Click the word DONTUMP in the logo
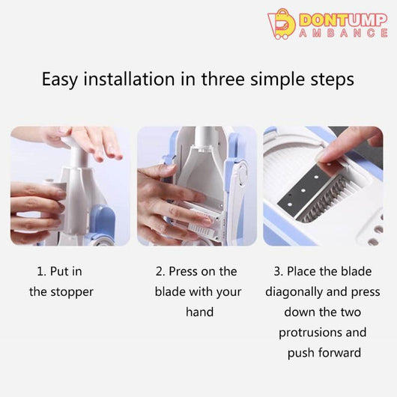(343, 19)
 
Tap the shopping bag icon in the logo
(282, 24)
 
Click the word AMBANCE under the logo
(343, 33)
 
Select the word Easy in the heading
(59, 79)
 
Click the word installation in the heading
(129, 79)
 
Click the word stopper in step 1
(72, 292)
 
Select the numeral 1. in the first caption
(42, 271)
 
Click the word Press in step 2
(182, 271)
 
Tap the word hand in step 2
(199, 312)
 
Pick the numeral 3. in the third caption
(279, 271)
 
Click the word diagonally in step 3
(294, 292)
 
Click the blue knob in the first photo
(102, 220)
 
